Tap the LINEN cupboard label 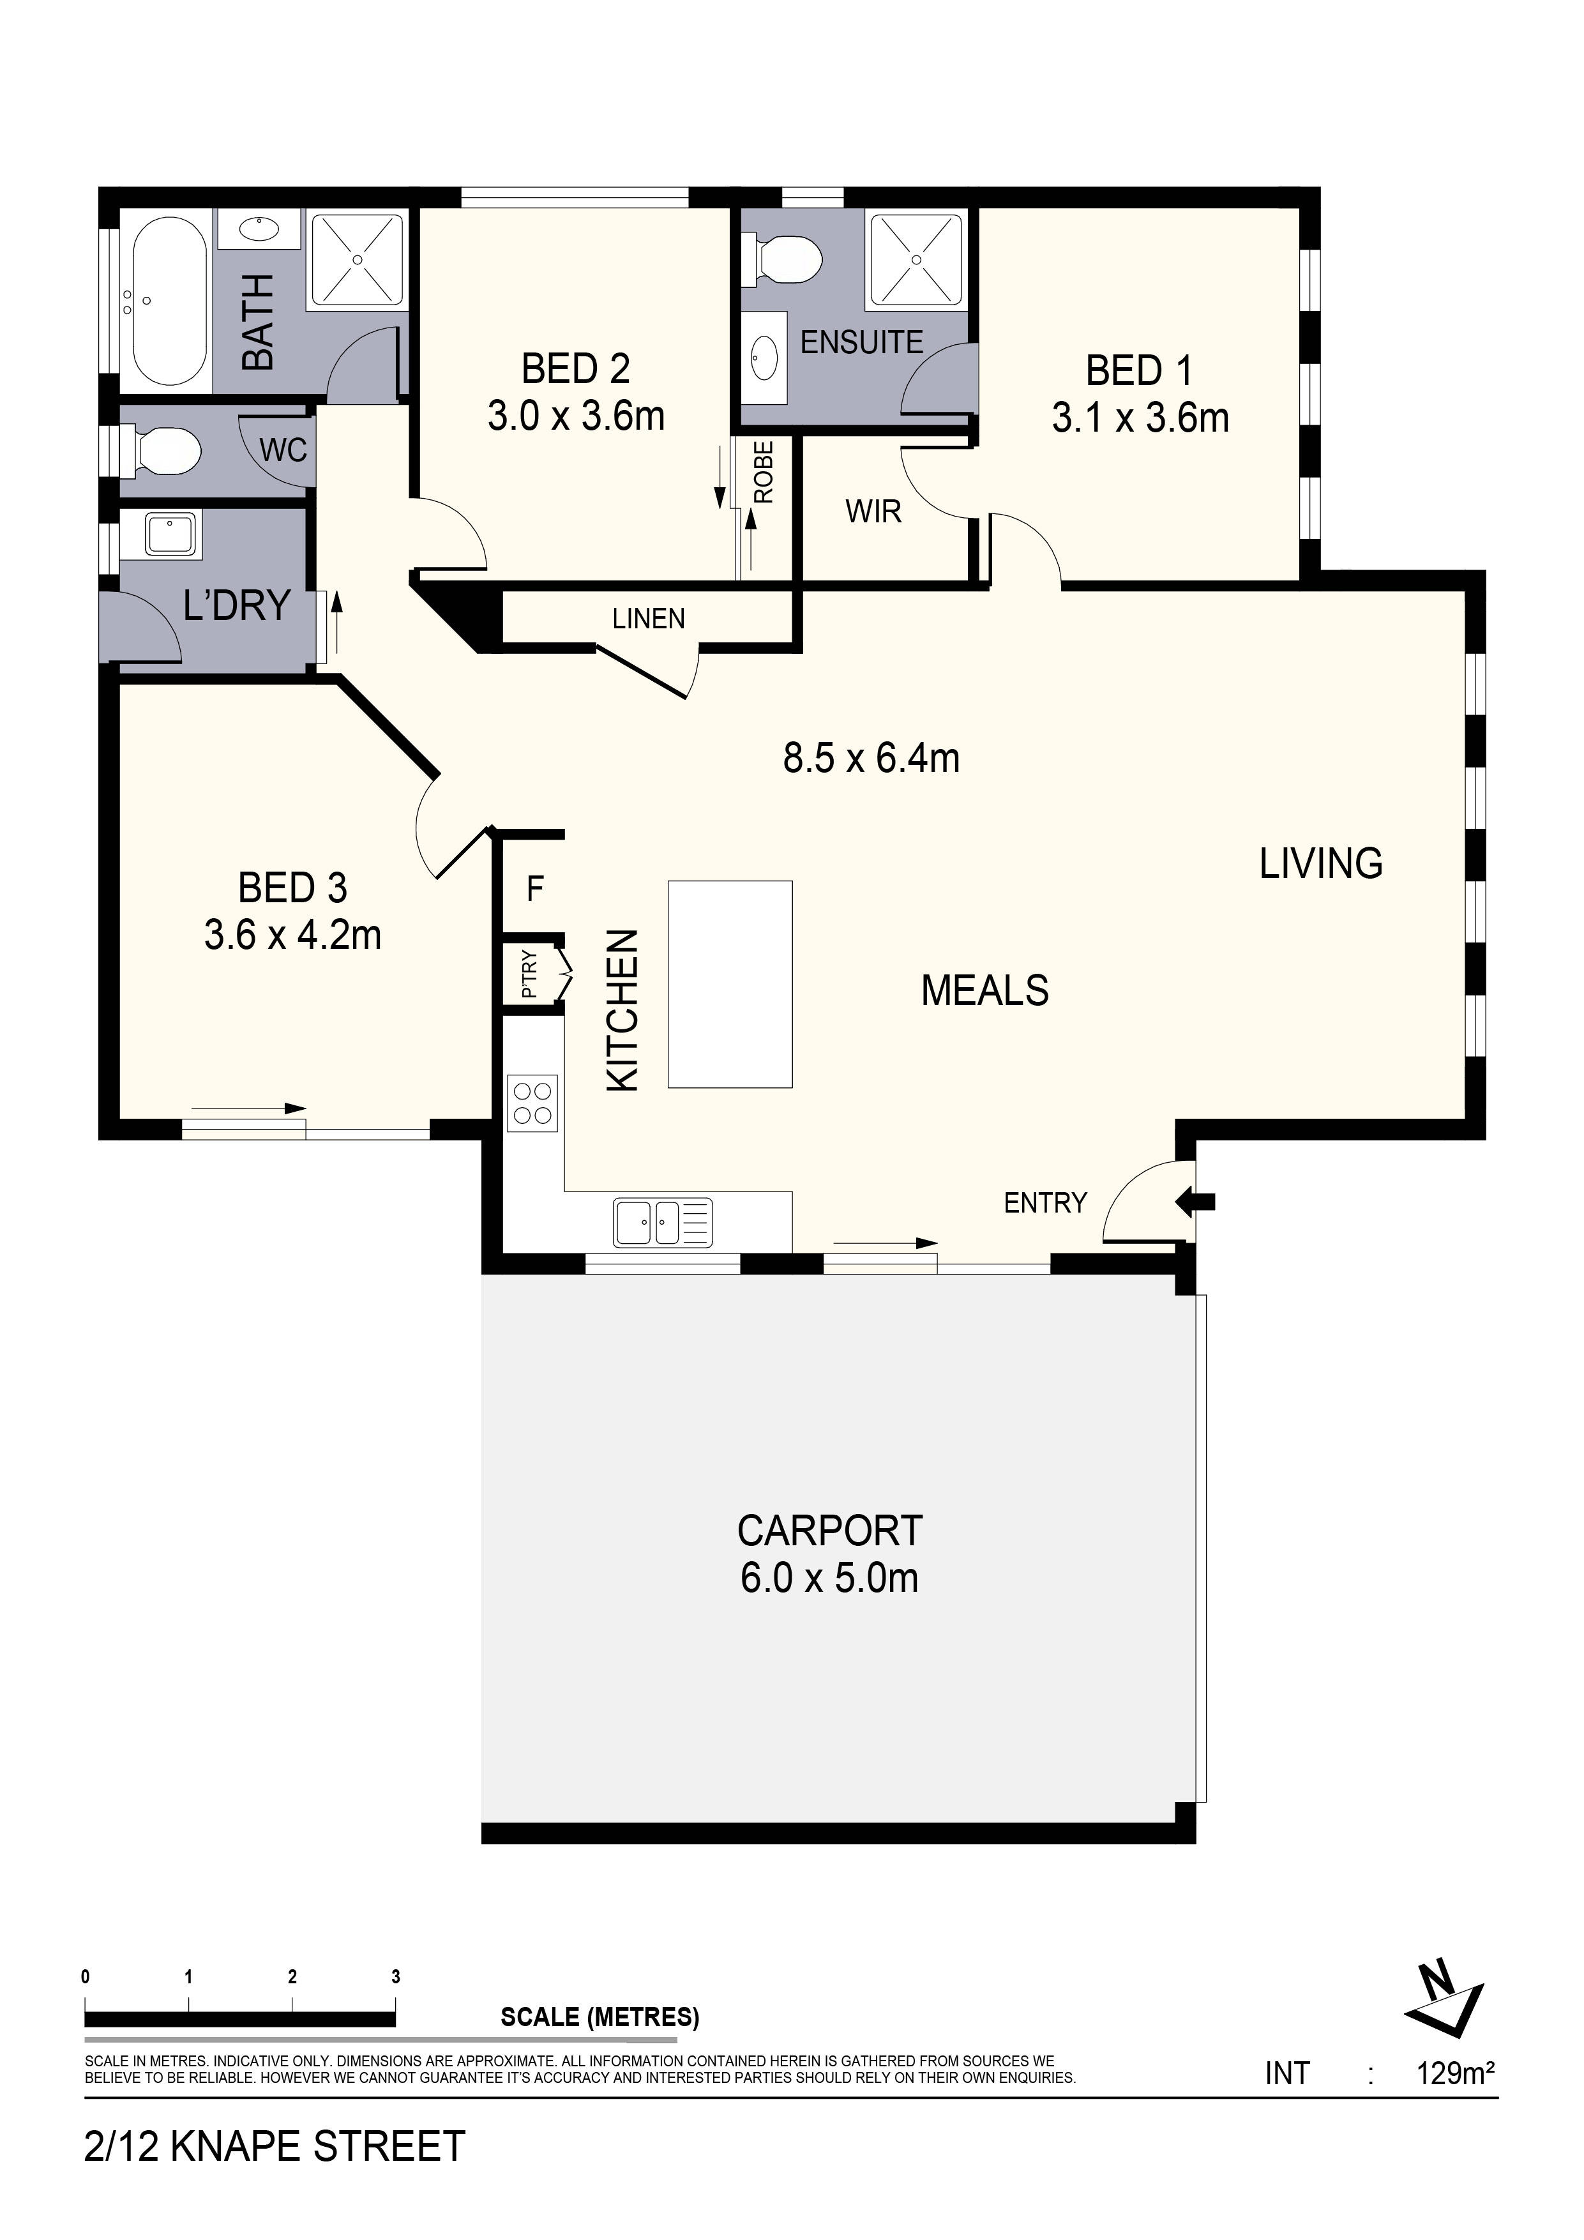tap(649, 619)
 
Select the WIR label tap(873, 511)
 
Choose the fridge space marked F tap(534, 889)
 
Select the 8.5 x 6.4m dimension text tap(871, 758)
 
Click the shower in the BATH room tap(357, 259)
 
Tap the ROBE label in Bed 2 tap(764, 472)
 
